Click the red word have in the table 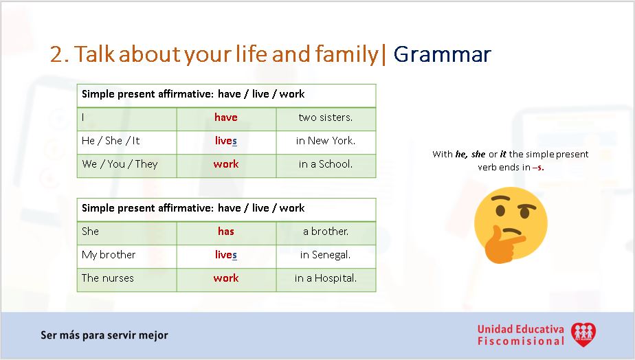pos(225,117)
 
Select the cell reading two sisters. pos(326,117)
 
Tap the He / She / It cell pos(111,141)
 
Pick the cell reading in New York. pos(326,141)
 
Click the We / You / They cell pos(120,164)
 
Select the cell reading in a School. pos(326,164)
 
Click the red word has pos(225,232)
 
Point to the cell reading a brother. pos(326,232)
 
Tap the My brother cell pos(109,255)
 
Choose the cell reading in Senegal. pos(326,255)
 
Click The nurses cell pos(108,278)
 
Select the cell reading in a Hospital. pos(326,278)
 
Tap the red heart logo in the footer pos(583,335)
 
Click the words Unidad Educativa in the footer pos(520,329)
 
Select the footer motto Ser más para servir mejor pos(104,335)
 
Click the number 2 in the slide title pos(58,54)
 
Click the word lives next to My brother pos(225,255)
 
